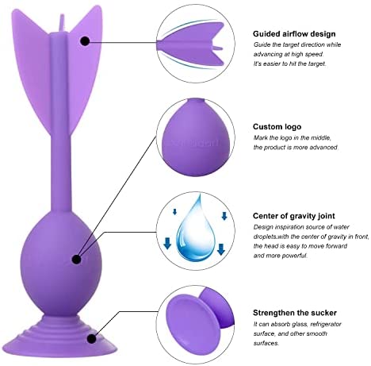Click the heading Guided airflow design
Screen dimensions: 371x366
pyautogui.click(x=294, y=34)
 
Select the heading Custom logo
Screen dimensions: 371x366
pyautogui.click(x=277, y=127)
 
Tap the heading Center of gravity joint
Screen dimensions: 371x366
pyautogui.click(x=294, y=216)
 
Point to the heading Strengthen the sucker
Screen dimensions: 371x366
pyautogui.click(x=295, y=313)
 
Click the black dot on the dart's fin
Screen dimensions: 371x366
pyautogui.click(x=85, y=41)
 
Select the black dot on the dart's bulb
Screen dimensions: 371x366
pyautogui.click(x=76, y=260)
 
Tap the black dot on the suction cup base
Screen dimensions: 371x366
pyautogui.click(x=91, y=338)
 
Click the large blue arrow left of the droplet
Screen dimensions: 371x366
pyautogui.click(x=167, y=244)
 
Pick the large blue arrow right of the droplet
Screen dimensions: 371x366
pyautogui.click(x=221, y=249)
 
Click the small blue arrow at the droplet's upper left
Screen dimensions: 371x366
pyautogui.click(x=174, y=212)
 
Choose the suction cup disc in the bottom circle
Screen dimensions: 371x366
pyautogui.click(x=192, y=323)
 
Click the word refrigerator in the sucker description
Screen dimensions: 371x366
pyautogui.click(x=326, y=324)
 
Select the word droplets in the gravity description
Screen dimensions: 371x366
pyautogui.click(x=265, y=237)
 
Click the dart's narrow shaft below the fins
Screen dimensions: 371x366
pyautogui.click(x=63, y=172)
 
